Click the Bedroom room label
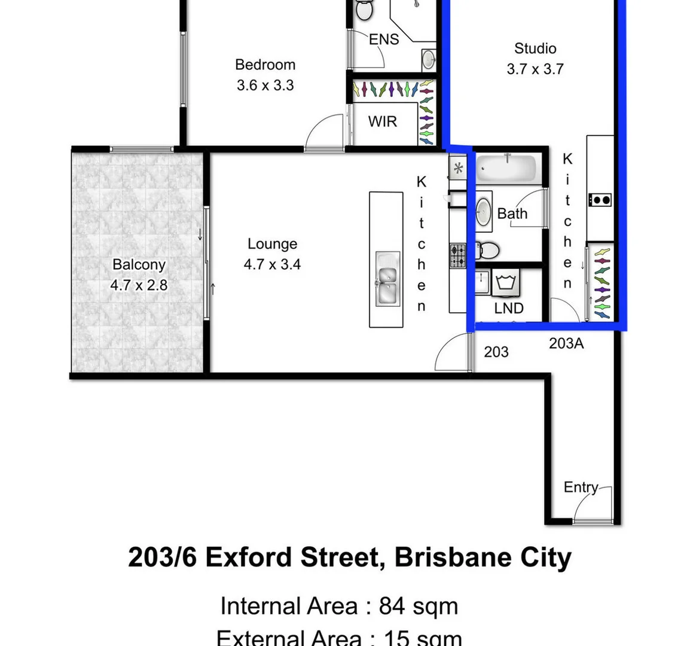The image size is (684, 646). tap(265, 65)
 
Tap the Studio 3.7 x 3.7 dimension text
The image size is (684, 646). tap(535, 69)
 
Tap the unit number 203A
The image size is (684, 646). tap(566, 343)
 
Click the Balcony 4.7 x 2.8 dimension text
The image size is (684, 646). tap(139, 285)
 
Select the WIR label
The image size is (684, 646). tap(383, 121)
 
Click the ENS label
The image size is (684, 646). tap(384, 39)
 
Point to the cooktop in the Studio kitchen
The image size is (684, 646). tap(600, 200)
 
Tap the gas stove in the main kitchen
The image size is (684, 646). tap(458, 256)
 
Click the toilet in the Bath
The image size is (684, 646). tap(488, 249)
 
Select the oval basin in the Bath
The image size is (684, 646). tap(484, 211)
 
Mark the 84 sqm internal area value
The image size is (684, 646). tap(419, 606)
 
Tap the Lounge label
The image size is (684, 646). tap(272, 244)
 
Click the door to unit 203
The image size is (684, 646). tap(453, 355)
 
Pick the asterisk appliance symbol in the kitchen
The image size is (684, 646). tap(458, 168)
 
